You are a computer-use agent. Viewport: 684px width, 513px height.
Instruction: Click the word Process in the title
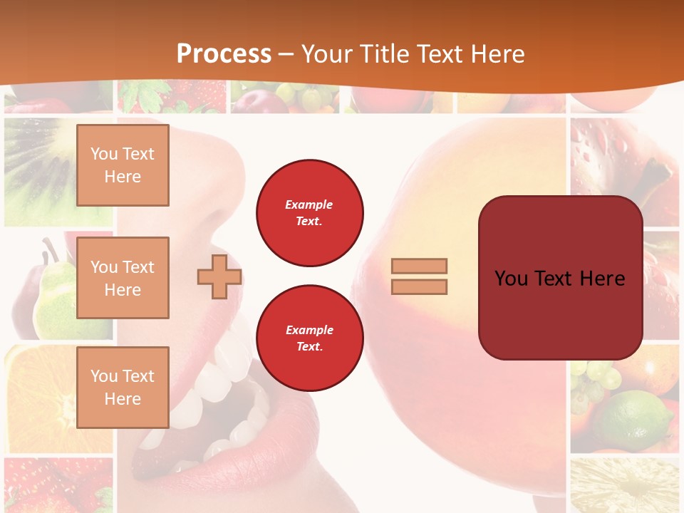[x=224, y=54]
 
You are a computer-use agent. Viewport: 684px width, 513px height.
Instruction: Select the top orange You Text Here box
[x=123, y=165]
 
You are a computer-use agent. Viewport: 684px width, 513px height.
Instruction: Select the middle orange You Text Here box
[x=123, y=278]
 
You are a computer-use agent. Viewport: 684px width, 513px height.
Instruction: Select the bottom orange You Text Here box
[x=123, y=388]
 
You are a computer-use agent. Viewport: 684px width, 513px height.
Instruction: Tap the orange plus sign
[x=219, y=276]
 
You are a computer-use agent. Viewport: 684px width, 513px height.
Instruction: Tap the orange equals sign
[x=419, y=276]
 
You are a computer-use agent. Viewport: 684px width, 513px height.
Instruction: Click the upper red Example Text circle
[x=310, y=212]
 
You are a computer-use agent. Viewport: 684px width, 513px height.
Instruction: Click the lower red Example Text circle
[x=310, y=338]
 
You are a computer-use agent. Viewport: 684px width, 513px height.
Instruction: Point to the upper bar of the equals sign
[x=419, y=266]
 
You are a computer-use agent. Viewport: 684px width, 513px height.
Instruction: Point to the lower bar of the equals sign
[x=419, y=286]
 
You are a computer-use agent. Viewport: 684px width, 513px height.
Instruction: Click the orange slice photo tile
[x=43, y=399]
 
